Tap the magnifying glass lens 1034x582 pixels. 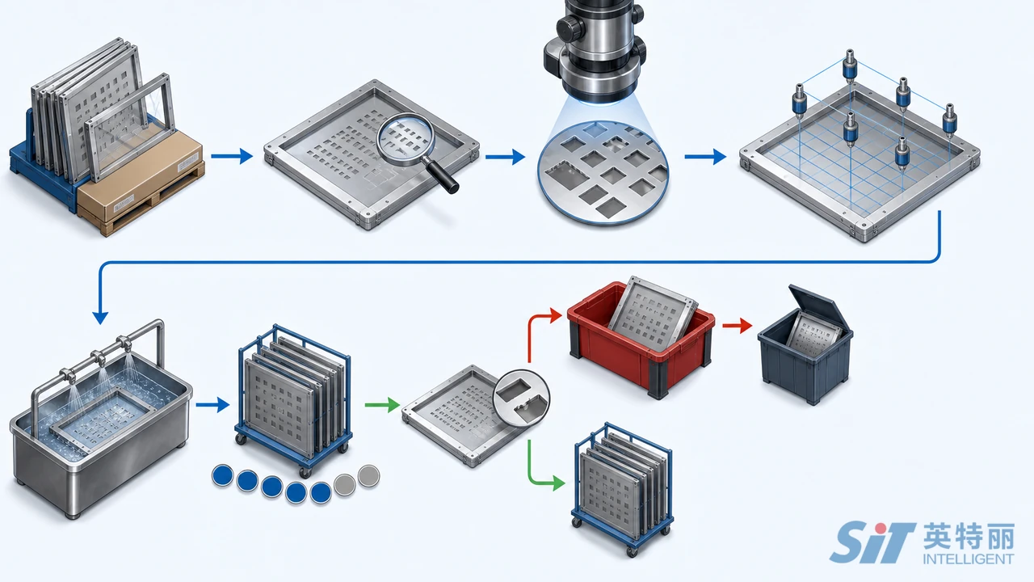(x=406, y=139)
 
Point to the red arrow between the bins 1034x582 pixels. (x=738, y=326)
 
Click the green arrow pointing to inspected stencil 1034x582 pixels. (x=382, y=405)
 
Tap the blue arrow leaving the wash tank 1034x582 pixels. (x=212, y=405)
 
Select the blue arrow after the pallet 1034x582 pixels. (x=232, y=156)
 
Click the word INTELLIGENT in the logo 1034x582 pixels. (x=969, y=559)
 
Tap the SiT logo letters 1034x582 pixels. (x=872, y=542)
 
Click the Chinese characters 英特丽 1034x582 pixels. (x=969, y=537)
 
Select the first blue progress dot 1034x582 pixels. (x=222, y=476)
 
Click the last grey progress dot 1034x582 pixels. (x=369, y=476)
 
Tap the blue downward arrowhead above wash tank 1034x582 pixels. (x=100, y=318)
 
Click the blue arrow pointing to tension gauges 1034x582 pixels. (x=705, y=157)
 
